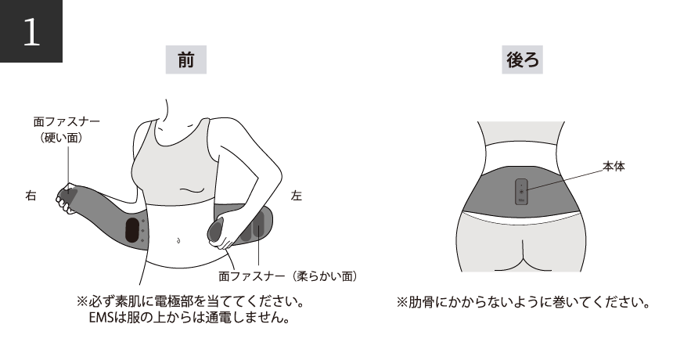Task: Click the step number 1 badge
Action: pos(31,31)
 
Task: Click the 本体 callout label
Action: pos(613,167)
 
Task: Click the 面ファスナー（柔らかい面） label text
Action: pos(289,276)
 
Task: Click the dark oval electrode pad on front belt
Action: pos(132,232)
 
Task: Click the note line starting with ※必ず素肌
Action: pos(189,301)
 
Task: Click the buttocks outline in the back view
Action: pos(520,247)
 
